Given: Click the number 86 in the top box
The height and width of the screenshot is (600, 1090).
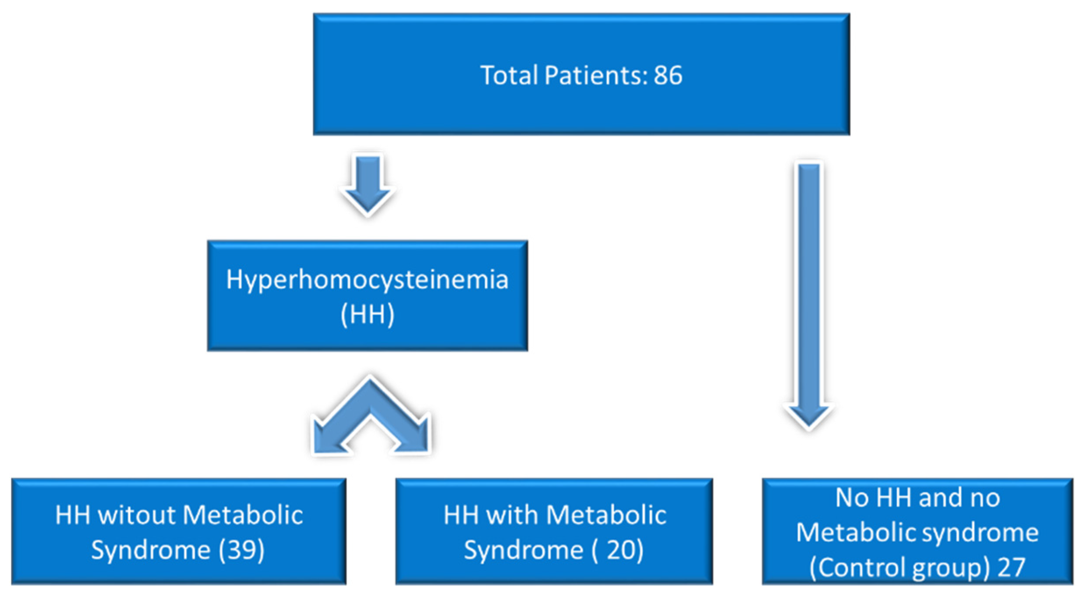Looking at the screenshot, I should [668, 75].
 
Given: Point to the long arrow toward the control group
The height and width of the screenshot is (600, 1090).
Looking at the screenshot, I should [809, 293].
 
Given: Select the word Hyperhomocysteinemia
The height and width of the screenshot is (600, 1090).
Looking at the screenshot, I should [367, 279].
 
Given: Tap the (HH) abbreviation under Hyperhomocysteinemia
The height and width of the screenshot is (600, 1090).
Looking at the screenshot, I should [367, 314].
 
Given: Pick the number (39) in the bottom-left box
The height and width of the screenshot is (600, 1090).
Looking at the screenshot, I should [241, 550].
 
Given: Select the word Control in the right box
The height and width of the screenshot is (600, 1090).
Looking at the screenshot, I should [859, 568].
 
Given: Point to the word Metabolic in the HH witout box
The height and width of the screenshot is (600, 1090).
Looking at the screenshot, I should [243, 515].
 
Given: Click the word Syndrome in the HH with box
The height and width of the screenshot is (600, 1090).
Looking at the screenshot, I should [524, 550].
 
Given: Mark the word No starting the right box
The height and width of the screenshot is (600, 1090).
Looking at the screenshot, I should [852, 498].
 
